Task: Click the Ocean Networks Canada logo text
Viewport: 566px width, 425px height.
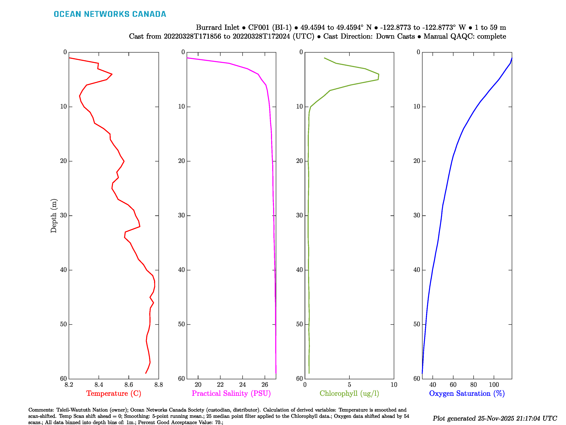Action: [x=110, y=14]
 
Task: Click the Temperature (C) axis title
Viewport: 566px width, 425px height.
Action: [x=114, y=393]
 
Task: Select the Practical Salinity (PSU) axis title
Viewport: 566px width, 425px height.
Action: [x=231, y=393]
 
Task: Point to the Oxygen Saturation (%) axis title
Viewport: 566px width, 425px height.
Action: [x=467, y=393]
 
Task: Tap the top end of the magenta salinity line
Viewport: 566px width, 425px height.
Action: [x=187, y=58]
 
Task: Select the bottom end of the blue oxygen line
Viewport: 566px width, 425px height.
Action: [x=422, y=373]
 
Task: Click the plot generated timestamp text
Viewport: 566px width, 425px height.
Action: [x=495, y=418]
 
